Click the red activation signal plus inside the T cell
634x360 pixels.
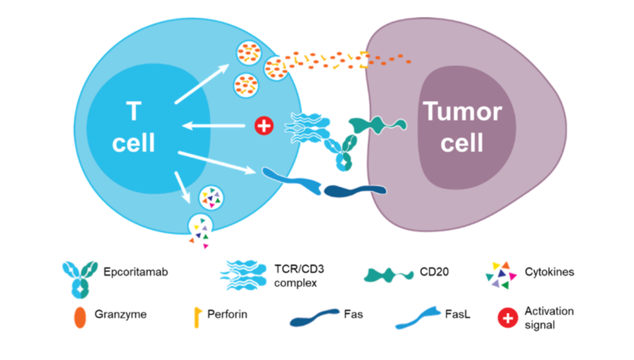264,126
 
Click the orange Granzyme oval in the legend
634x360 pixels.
80,315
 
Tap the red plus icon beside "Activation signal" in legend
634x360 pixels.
507,318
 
